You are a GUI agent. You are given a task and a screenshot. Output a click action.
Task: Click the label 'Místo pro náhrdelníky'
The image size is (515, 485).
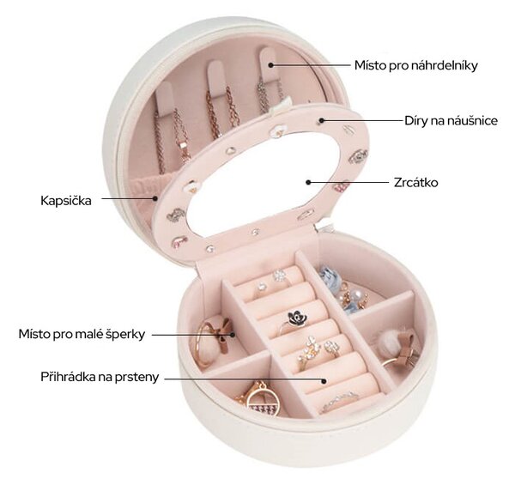415,66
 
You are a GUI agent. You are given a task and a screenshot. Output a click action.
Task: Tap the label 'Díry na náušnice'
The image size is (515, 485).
451,121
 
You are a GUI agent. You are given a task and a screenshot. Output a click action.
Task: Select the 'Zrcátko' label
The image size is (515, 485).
415,182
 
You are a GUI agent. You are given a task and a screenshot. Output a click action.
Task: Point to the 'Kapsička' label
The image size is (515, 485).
66,201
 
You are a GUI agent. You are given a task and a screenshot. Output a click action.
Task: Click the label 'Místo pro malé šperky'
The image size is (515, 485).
82,334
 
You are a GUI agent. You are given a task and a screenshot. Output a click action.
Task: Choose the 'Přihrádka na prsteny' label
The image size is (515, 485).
100,377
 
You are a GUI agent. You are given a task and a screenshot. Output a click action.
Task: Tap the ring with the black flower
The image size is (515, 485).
294,322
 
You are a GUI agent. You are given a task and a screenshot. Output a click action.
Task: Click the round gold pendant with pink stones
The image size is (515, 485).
262,401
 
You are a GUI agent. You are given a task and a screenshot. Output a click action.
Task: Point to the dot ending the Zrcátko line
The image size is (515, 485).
308,182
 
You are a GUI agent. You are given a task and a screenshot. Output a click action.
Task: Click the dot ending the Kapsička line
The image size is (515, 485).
155,198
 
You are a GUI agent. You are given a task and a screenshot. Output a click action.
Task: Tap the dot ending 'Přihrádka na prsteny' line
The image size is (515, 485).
324,381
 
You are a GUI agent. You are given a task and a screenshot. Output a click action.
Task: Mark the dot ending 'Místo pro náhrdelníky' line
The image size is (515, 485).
271,65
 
